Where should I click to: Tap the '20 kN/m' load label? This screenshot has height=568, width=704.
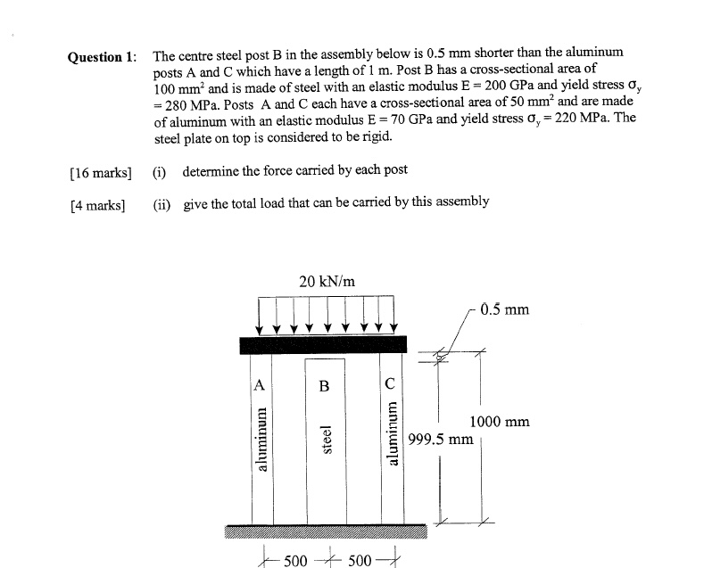click(327, 282)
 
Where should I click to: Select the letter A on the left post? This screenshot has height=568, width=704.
click(260, 385)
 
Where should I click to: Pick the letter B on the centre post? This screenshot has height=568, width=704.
click(325, 386)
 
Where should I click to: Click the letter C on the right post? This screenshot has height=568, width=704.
click(390, 385)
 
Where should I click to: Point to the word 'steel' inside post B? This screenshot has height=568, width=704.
click(327, 440)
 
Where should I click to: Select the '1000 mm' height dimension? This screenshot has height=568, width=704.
click(499, 422)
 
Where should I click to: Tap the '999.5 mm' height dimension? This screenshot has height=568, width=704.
click(440, 439)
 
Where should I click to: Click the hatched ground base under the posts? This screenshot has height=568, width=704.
click(327, 531)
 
